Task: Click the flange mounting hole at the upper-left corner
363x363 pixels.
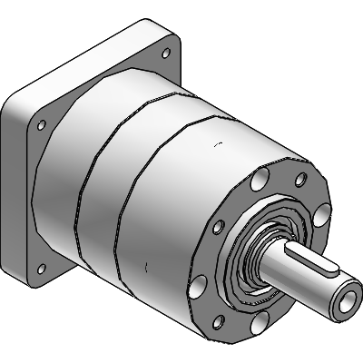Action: click(x=42, y=125)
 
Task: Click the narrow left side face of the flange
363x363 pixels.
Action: click(x=11, y=181)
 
